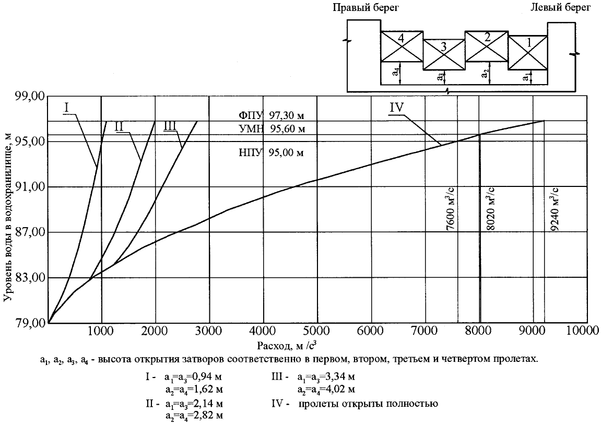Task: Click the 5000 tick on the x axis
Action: [x=317, y=331]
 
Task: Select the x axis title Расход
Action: [x=286, y=346]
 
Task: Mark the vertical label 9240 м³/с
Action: [x=556, y=209]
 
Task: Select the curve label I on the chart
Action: [x=67, y=107]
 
